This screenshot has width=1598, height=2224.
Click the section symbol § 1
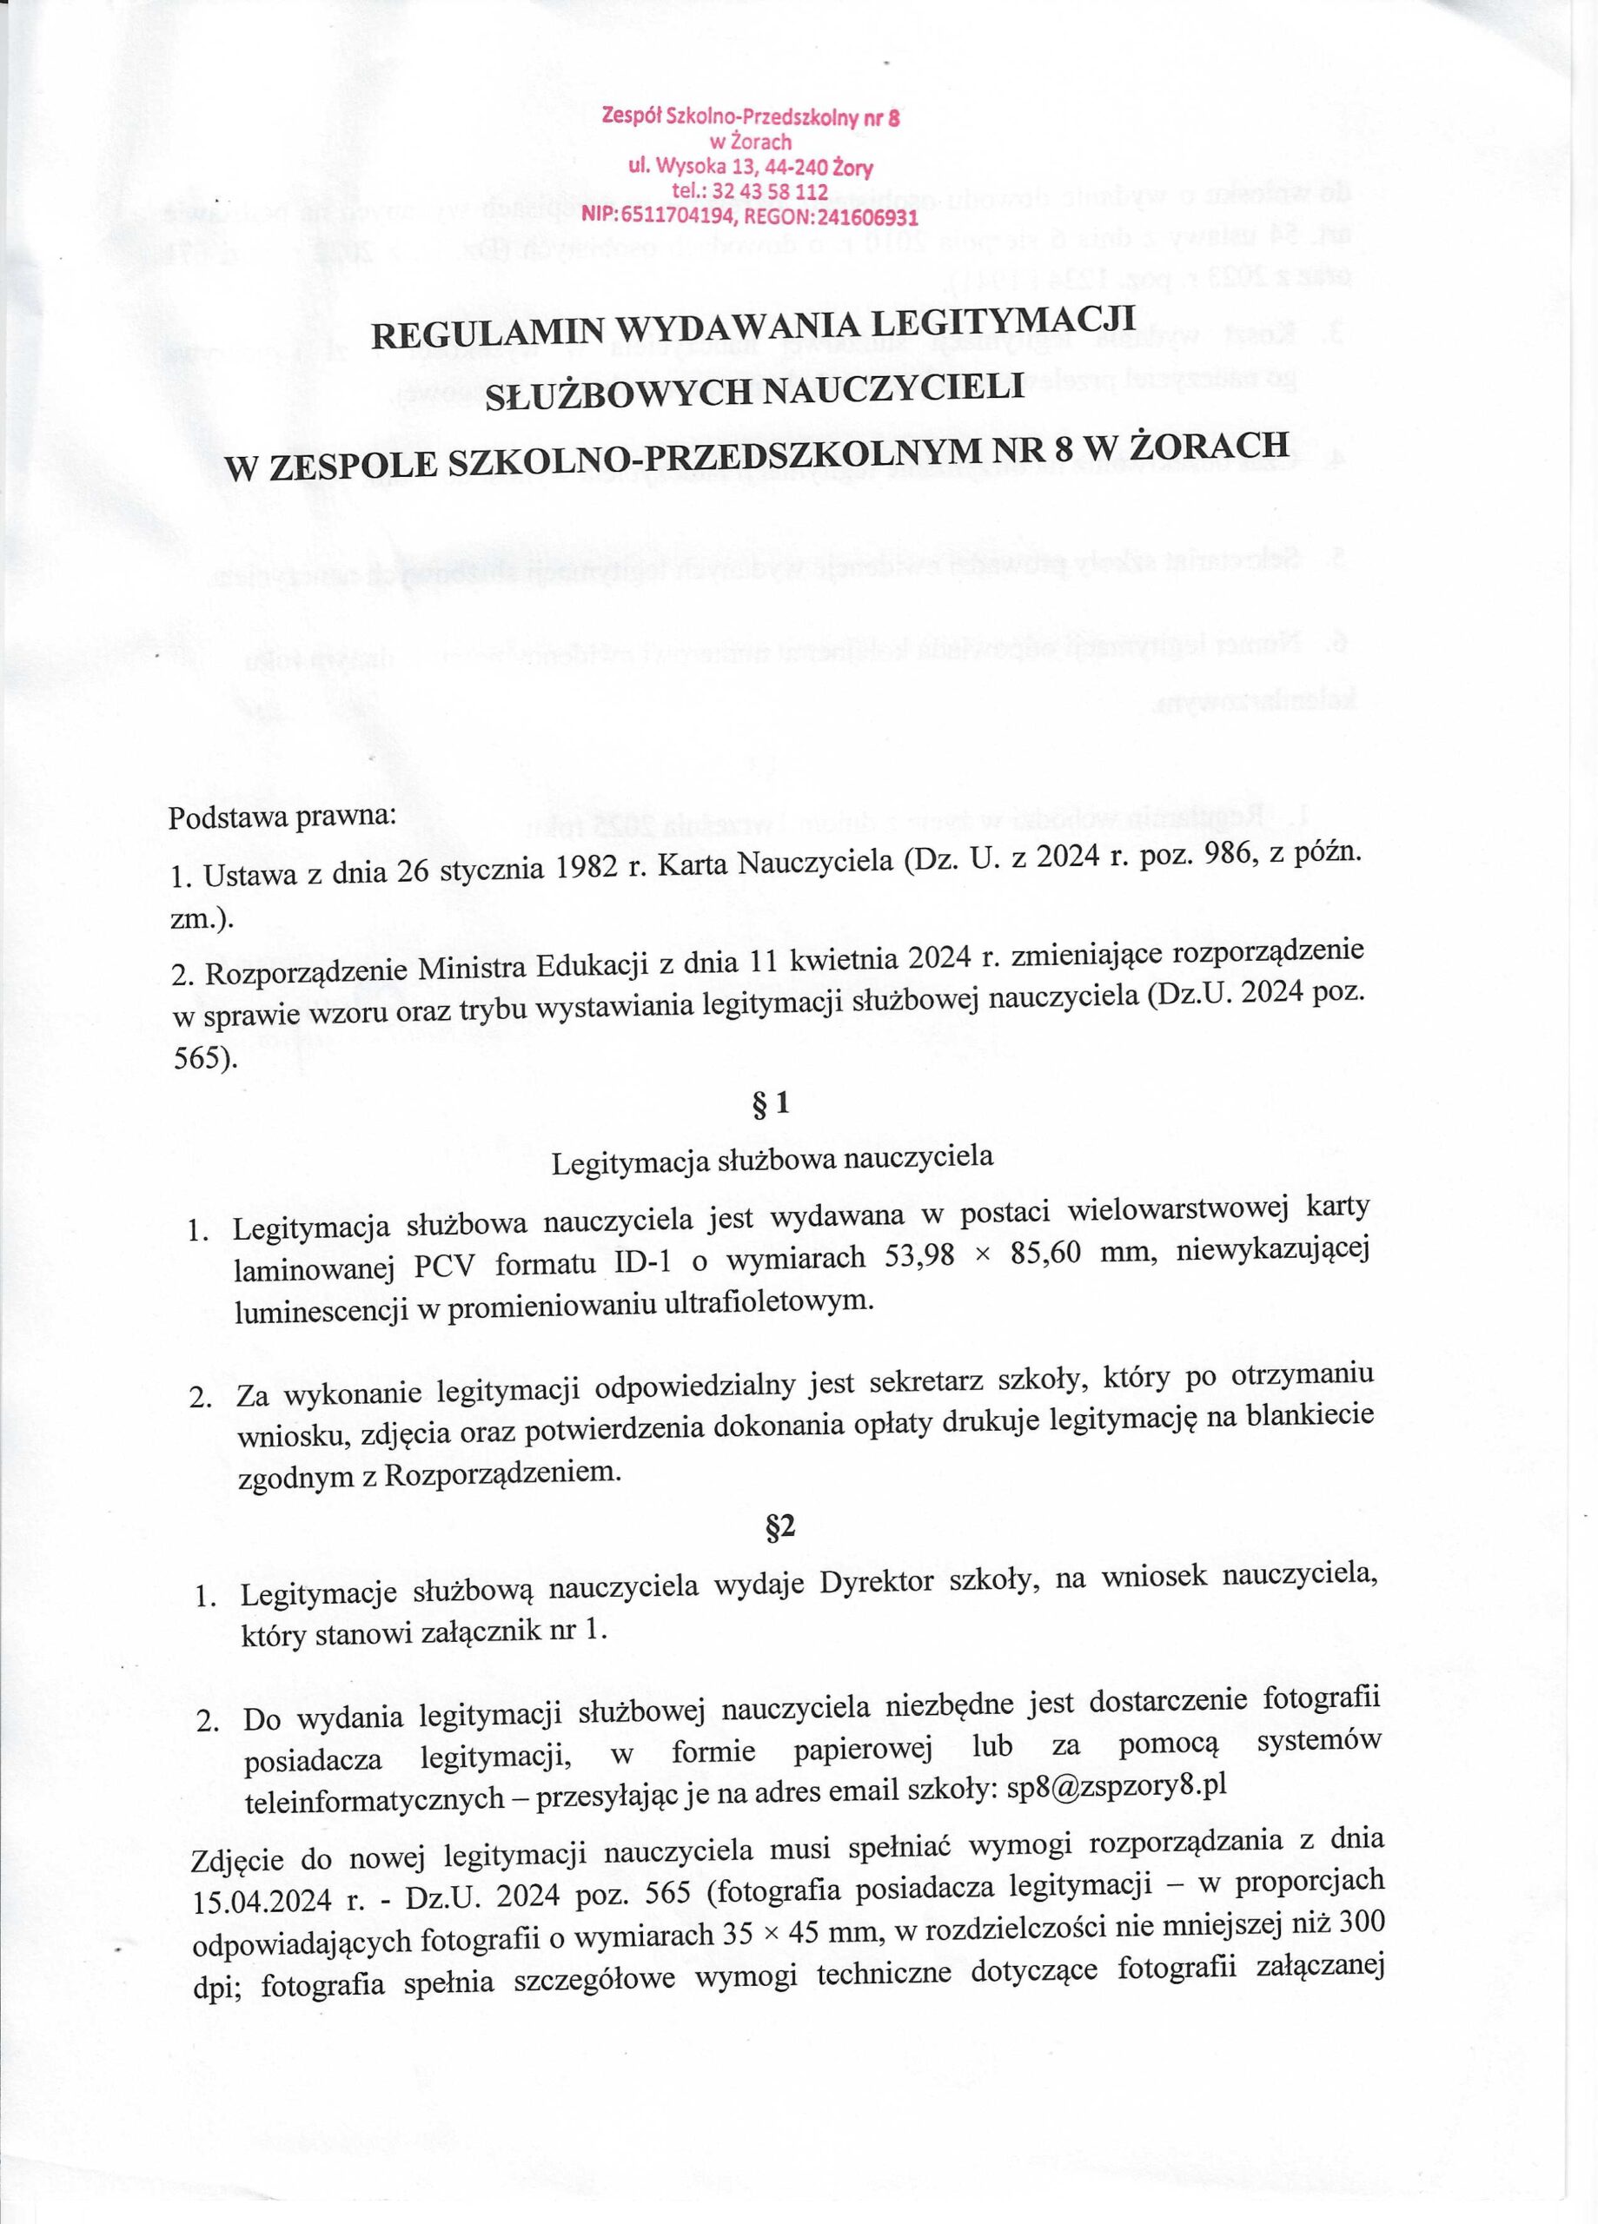[772, 1104]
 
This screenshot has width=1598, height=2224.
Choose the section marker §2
[779, 1526]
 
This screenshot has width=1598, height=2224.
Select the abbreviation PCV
[443, 1266]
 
